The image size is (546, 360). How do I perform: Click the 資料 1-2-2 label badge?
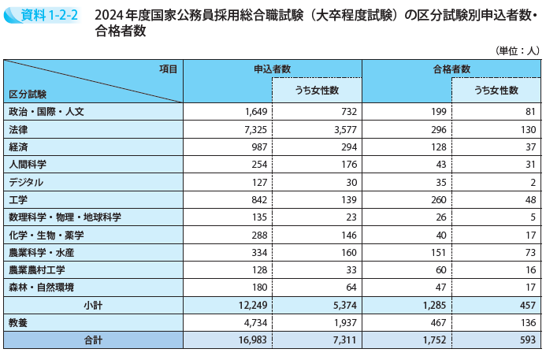click(x=42, y=13)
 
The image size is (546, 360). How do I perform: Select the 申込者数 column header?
click(x=272, y=69)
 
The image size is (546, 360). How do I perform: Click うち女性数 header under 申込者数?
click(x=317, y=91)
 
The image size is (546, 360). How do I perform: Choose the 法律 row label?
click(x=18, y=129)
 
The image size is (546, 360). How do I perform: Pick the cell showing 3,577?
click(x=346, y=129)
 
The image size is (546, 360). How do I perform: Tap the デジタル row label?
click(x=27, y=182)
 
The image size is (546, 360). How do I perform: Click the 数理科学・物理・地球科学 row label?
click(x=65, y=217)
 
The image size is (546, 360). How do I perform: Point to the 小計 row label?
click(x=92, y=305)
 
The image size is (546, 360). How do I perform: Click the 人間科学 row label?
click(x=28, y=164)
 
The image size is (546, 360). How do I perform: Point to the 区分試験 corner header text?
click(x=28, y=94)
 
